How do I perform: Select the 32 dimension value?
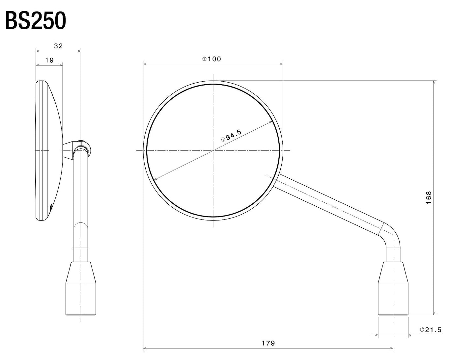(58, 46)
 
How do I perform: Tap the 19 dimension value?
(49, 60)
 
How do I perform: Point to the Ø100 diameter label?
(212, 59)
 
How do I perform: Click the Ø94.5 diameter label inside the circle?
(232, 136)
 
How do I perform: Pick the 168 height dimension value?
(429, 197)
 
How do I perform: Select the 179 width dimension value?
(268, 343)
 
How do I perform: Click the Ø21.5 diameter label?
(431, 330)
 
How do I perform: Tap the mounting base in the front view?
(393, 289)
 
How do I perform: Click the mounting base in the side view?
(81, 289)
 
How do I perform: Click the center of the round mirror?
(213, 150)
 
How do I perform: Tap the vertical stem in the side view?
(81, 204)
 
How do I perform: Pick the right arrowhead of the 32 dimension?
(79, 51)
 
